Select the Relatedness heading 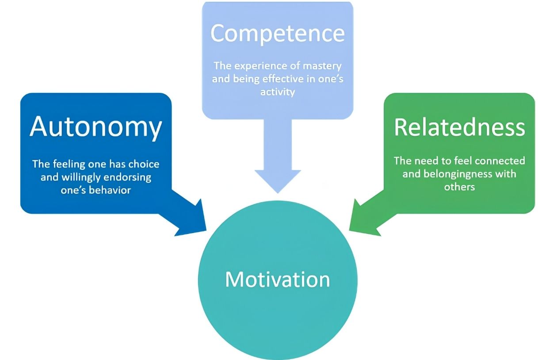coord(460,127)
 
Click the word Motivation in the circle coord(278,280)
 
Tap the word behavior coord(110,190)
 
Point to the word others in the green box coord(460,187)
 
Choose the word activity coord(278,92)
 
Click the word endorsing coord(127,178)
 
